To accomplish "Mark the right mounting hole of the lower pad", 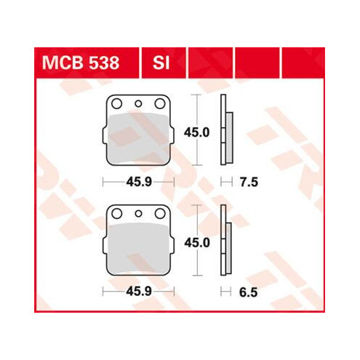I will [x=159, y=215].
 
